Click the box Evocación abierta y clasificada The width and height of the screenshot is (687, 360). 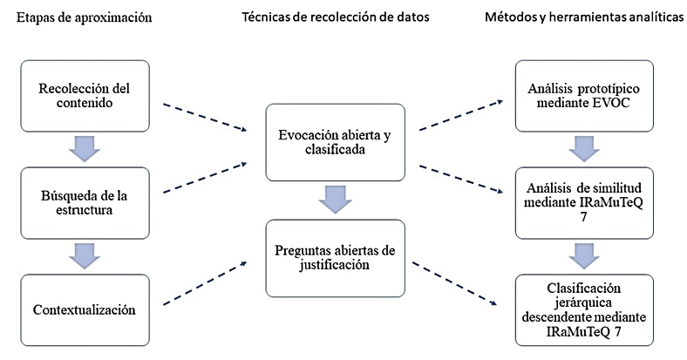[336, 141]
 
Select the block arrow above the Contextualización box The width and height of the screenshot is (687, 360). [83, 255]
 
